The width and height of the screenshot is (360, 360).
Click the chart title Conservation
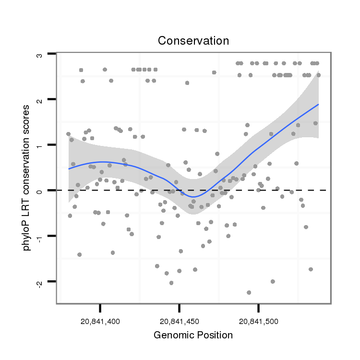coord(193,40)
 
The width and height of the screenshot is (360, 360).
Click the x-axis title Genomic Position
coord(193,336)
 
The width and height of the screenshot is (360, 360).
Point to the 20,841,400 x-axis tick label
coord(100,320)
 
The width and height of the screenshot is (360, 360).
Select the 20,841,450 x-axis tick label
coord(179,320)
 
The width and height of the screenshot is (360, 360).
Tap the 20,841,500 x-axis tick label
coord(258,320)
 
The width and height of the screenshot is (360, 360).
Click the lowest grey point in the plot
coord(249,292)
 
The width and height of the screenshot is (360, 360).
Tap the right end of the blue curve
coord(318,104)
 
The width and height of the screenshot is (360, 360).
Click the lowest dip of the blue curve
coord(193,197)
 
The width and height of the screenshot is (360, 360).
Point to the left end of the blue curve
coord(69,169)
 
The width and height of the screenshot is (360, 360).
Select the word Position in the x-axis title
coord(214,336)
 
